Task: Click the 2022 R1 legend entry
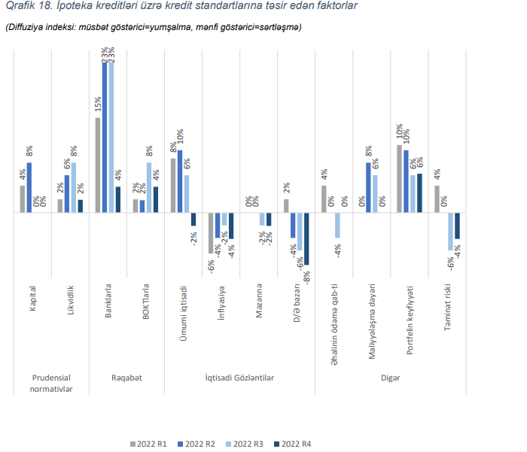[151, 444]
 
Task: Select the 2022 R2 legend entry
[200, 444]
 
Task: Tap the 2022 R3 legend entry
[248, 444]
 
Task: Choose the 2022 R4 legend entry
[296, 444]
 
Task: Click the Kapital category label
[33, 298]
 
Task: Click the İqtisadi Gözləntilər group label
[239, 377]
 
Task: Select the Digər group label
[390, 377]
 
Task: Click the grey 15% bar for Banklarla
[98, 165]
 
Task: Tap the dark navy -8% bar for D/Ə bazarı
[306, 238]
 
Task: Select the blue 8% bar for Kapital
[30, 188]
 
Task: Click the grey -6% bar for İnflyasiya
[211, 233]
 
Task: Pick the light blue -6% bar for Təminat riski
[450, 232]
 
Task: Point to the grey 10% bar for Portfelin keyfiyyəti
[399, 179]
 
